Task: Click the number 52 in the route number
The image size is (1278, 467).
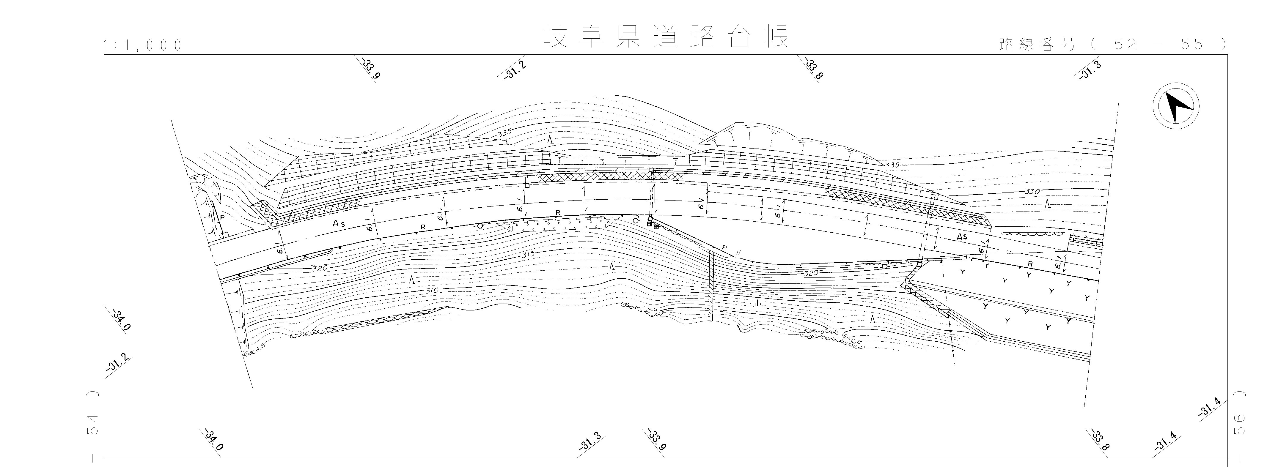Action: [x=1125, y=45]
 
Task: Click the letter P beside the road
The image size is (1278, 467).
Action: [x=223, y=218]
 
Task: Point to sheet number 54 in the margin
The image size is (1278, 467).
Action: [x=92, y=425]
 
